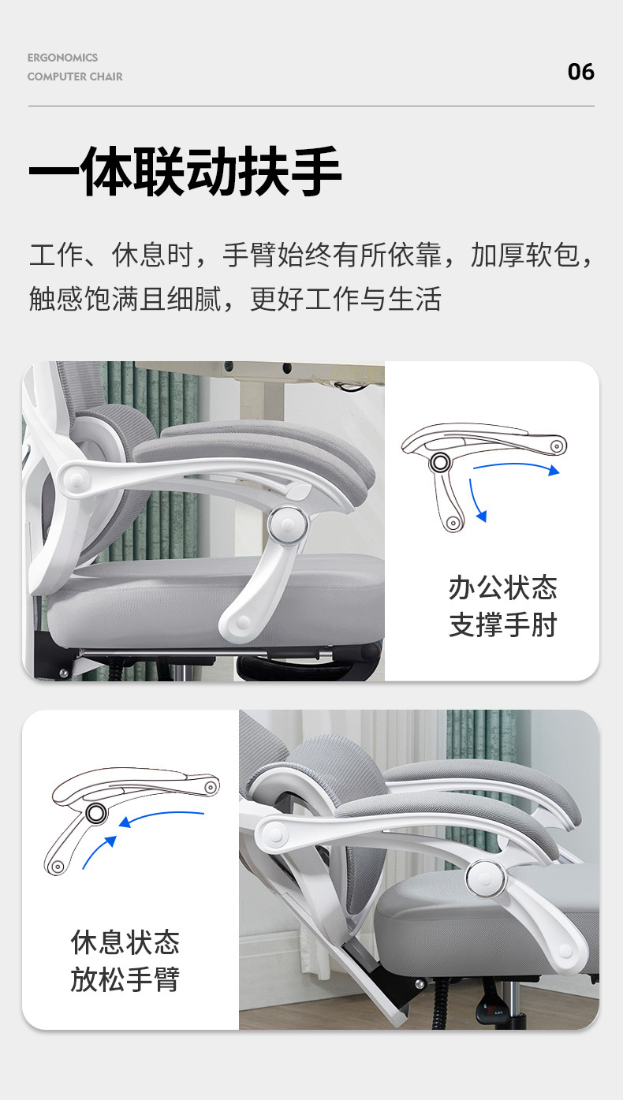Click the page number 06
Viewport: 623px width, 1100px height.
(x=580, y=72)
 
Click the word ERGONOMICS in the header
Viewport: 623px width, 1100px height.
(x=62, y=58)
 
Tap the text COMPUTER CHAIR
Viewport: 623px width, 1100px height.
(x=75, y=76)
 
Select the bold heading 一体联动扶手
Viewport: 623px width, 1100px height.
(x=185, y=171)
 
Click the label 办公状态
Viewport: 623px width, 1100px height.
(x=502, y=587)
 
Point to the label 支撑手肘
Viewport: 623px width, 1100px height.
(x=502, y=625)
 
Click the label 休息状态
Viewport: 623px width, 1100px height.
(x=125, y=942)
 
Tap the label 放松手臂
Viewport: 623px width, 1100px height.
(x=125, y=979)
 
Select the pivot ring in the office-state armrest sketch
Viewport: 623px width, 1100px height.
(x=438, y=463)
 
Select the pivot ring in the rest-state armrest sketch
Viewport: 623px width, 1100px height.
(x=97, y=812)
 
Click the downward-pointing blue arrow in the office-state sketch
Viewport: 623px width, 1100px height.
(x=476, y=502)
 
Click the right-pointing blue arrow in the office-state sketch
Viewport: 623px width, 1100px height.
(x=517, y=467)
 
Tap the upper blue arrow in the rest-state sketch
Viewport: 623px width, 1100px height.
(x=162, y=817)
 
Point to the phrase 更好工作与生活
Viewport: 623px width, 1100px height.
(x=345, y=299)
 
